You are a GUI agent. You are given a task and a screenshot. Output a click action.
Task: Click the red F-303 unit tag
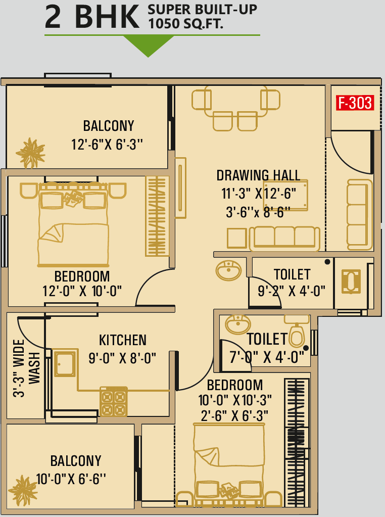355,103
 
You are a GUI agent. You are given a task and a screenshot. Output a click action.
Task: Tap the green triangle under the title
149,45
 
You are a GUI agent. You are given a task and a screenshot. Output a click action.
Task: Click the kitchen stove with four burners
113,401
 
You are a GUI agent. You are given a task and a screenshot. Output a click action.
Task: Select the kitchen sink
65,364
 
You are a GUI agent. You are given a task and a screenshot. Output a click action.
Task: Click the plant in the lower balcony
23,491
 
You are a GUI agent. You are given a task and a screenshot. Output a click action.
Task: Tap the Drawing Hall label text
258,175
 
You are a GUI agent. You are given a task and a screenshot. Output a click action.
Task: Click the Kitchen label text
123,340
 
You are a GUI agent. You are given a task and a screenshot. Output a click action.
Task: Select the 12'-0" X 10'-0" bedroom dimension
82,291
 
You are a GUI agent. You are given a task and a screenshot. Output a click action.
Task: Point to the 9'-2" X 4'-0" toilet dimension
292,291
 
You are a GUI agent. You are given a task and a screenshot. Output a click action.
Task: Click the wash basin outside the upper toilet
228,270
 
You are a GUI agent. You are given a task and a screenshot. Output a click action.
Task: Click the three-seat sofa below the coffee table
284,239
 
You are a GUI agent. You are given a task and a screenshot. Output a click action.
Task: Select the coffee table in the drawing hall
285,195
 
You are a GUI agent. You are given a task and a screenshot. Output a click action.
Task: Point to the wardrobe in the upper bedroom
157,216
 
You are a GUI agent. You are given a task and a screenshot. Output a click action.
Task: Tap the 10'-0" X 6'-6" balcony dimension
71,479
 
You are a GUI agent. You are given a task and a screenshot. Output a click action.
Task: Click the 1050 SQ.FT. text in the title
186,23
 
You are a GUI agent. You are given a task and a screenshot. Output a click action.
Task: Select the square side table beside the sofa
236,238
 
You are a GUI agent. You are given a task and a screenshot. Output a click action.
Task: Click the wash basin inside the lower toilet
238,324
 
